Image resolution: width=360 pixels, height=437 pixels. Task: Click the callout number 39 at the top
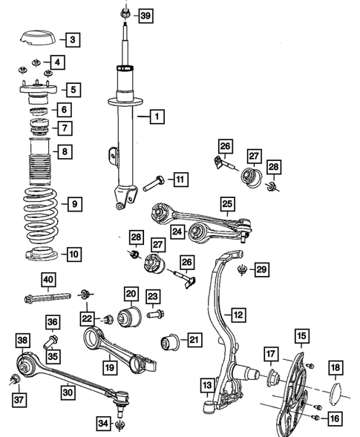click(x=145, y=16)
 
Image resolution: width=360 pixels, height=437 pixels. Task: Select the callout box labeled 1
click(x=157, y=116)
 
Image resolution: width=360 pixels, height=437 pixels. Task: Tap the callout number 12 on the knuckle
click(x=238, y=315)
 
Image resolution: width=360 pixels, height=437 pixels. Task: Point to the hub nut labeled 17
click(x=271, y=375)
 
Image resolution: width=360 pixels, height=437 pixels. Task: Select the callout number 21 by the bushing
click(x=194, y=341)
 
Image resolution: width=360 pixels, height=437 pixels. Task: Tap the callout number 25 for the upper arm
click(x=227, y=201)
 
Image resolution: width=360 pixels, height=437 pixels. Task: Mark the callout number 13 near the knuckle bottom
click(x=209, y=386)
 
